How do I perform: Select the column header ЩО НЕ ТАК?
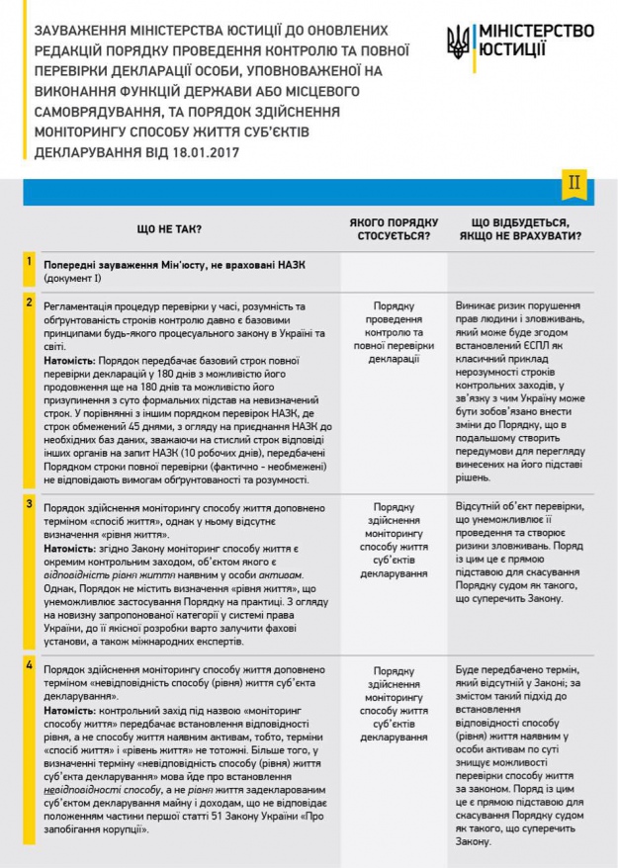click(x=169, y=229)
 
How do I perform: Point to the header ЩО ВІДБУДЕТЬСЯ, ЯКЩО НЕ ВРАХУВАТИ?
click(x=526, y=229)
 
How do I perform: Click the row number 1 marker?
click(x=30, y=262)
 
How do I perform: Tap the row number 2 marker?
click(x=30, y=302)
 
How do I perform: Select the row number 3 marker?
click(x=30, y=504)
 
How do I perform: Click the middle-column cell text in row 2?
click(x=394, y=332)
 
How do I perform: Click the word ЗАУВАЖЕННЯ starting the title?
click(x=80, y=31)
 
